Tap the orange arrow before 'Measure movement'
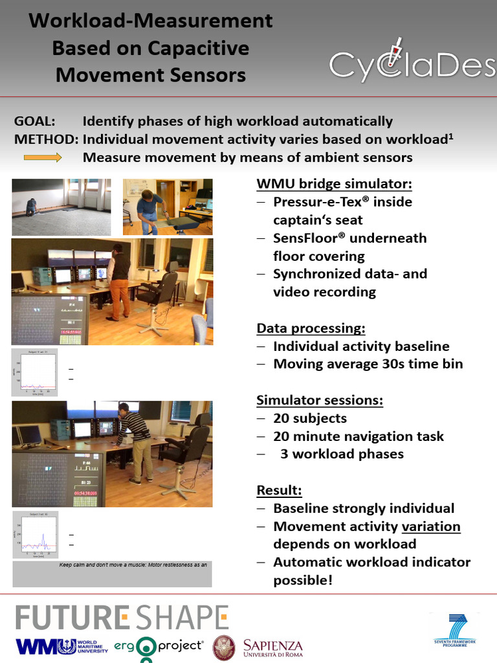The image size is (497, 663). point(43,157)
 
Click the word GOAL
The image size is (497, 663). point(35,121)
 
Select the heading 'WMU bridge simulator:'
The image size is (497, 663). point(334,183)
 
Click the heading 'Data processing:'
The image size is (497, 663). point(311,328)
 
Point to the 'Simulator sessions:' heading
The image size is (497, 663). point(320,399)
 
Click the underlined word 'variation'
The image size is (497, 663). point(431,526)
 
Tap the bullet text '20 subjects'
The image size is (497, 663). point(310,418)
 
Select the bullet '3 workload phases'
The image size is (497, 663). point(342,454)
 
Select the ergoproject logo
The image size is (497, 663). point(159,647)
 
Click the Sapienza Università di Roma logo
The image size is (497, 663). point(260,647)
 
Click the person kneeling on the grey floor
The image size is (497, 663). point(31,207)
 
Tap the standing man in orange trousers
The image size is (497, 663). point(118,281)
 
